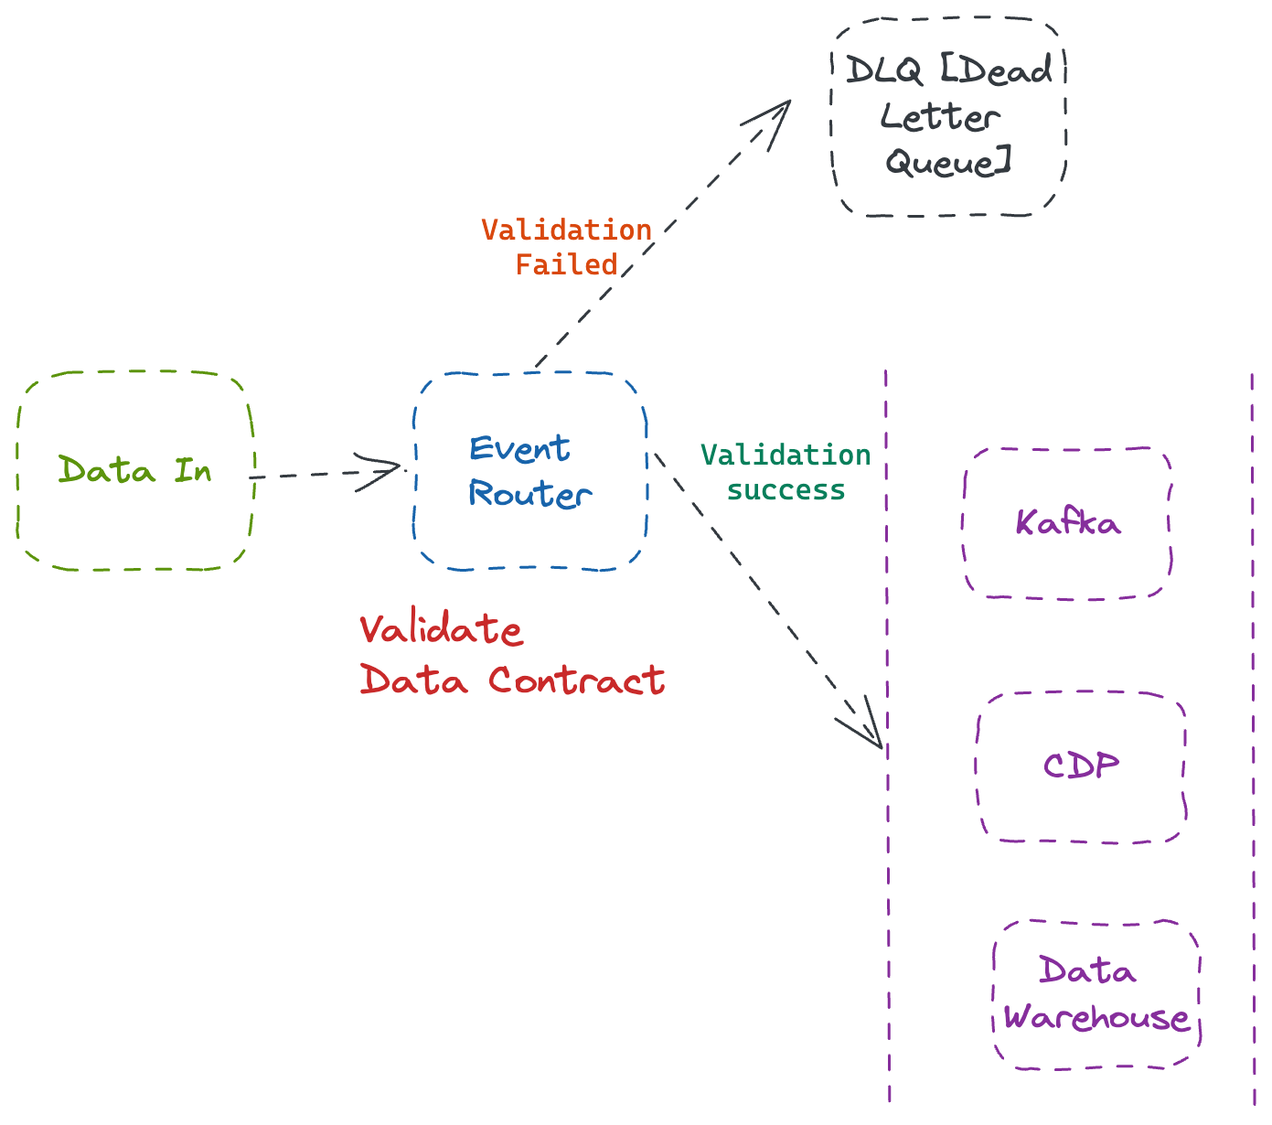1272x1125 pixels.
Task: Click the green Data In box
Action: pos(134,471)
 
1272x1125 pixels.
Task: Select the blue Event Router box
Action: pos(530,471)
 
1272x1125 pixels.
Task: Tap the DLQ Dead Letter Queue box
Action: pos(948,117)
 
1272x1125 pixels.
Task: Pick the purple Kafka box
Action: pos(1067,523)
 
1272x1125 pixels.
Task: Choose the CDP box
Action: pos(1081,766)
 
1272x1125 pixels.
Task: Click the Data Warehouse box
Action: pos(1096,994)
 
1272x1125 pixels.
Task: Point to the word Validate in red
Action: pos(441,630)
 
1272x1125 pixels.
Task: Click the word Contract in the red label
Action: pos(576,680)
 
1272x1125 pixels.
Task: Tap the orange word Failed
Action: pos(567,265)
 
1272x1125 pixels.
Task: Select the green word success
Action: pos(786,490)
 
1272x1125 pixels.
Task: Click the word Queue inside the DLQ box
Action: pos(947,164)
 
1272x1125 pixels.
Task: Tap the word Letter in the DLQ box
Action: pos(939,117)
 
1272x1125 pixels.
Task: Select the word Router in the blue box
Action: pos(529,495)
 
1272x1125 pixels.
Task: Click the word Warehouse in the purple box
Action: pos(1096,1017)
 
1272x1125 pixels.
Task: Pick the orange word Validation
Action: pos(567,230)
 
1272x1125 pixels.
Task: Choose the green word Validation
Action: pos(786,455)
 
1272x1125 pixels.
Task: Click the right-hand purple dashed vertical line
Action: pos(1253,732)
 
